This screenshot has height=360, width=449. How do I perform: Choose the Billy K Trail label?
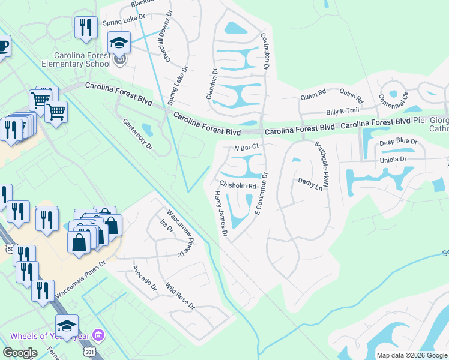pyautogui.click(x=342, y=111)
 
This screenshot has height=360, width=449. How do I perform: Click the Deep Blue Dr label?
pyautogui.click(x=398, y=142)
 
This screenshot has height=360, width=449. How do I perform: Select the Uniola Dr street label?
pyautogui.click(x=393, y=160)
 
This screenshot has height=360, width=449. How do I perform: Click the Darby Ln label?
pyautogui.click(x=310, y=183)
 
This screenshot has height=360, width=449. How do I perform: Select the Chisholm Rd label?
pyautogui.click(x=238, y=185)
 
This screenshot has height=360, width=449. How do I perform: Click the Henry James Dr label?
pyautogui.click(x=220, y=213)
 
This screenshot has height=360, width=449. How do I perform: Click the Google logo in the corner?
pyautogui.click(x=20, y=353)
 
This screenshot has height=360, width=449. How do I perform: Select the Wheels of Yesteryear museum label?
pyautogui.click(x=49, y=336)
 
